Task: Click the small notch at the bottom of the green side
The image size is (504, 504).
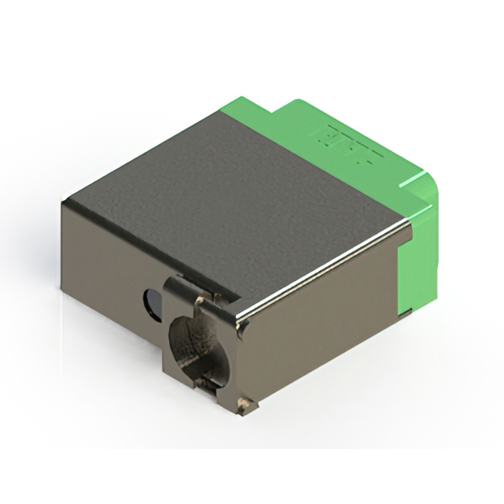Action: tap(405, 313)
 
